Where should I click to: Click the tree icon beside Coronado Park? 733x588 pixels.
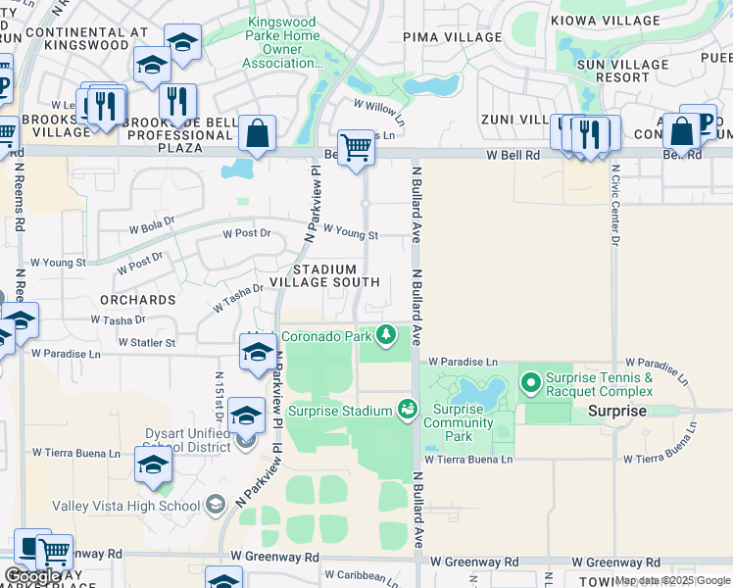387,336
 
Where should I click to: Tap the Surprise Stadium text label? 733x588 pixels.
340,410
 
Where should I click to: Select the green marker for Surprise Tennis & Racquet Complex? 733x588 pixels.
532,381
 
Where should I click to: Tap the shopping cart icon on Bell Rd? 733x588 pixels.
356,148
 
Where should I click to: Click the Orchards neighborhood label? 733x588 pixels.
136,299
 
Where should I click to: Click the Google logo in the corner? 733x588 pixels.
32,577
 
